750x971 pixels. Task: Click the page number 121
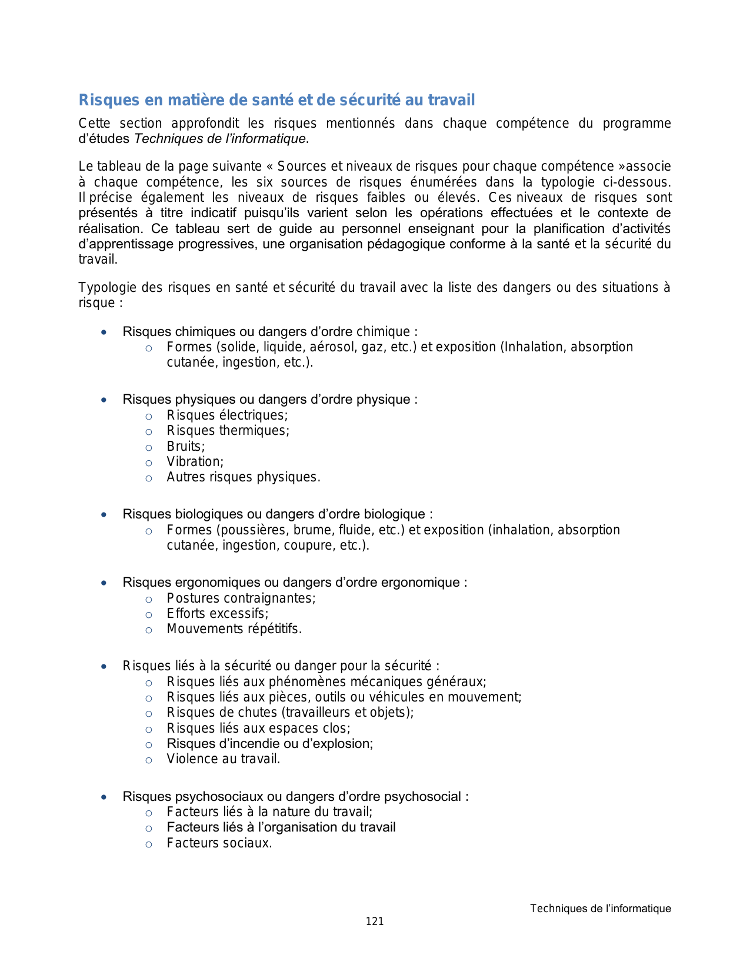375,922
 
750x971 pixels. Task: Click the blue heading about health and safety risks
276,100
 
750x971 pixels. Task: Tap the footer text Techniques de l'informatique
600,909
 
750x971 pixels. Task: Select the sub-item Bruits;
186,447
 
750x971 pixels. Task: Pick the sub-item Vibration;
195,462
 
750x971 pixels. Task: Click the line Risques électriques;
227,415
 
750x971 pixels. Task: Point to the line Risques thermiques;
228,431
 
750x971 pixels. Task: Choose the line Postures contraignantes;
241,598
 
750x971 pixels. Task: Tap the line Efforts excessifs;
217,614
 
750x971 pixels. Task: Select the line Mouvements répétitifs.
234,629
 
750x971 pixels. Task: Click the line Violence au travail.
224,759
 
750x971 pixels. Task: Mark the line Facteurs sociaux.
219,843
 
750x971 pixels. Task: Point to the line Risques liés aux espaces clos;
258,729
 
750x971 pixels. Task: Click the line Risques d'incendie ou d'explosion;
270,744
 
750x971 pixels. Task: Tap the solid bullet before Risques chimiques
104,332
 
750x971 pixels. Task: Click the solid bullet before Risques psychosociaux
104,797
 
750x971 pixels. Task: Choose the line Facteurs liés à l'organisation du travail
281,827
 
